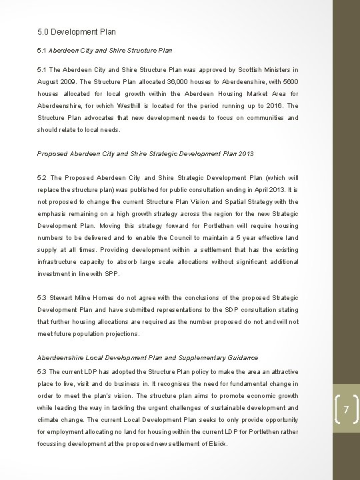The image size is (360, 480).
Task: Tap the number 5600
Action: coord(289,81)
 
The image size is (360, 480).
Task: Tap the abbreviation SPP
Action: coord(111,274)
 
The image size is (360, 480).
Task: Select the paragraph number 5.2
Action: coord(43,178)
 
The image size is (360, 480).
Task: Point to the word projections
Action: coord(119,333)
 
